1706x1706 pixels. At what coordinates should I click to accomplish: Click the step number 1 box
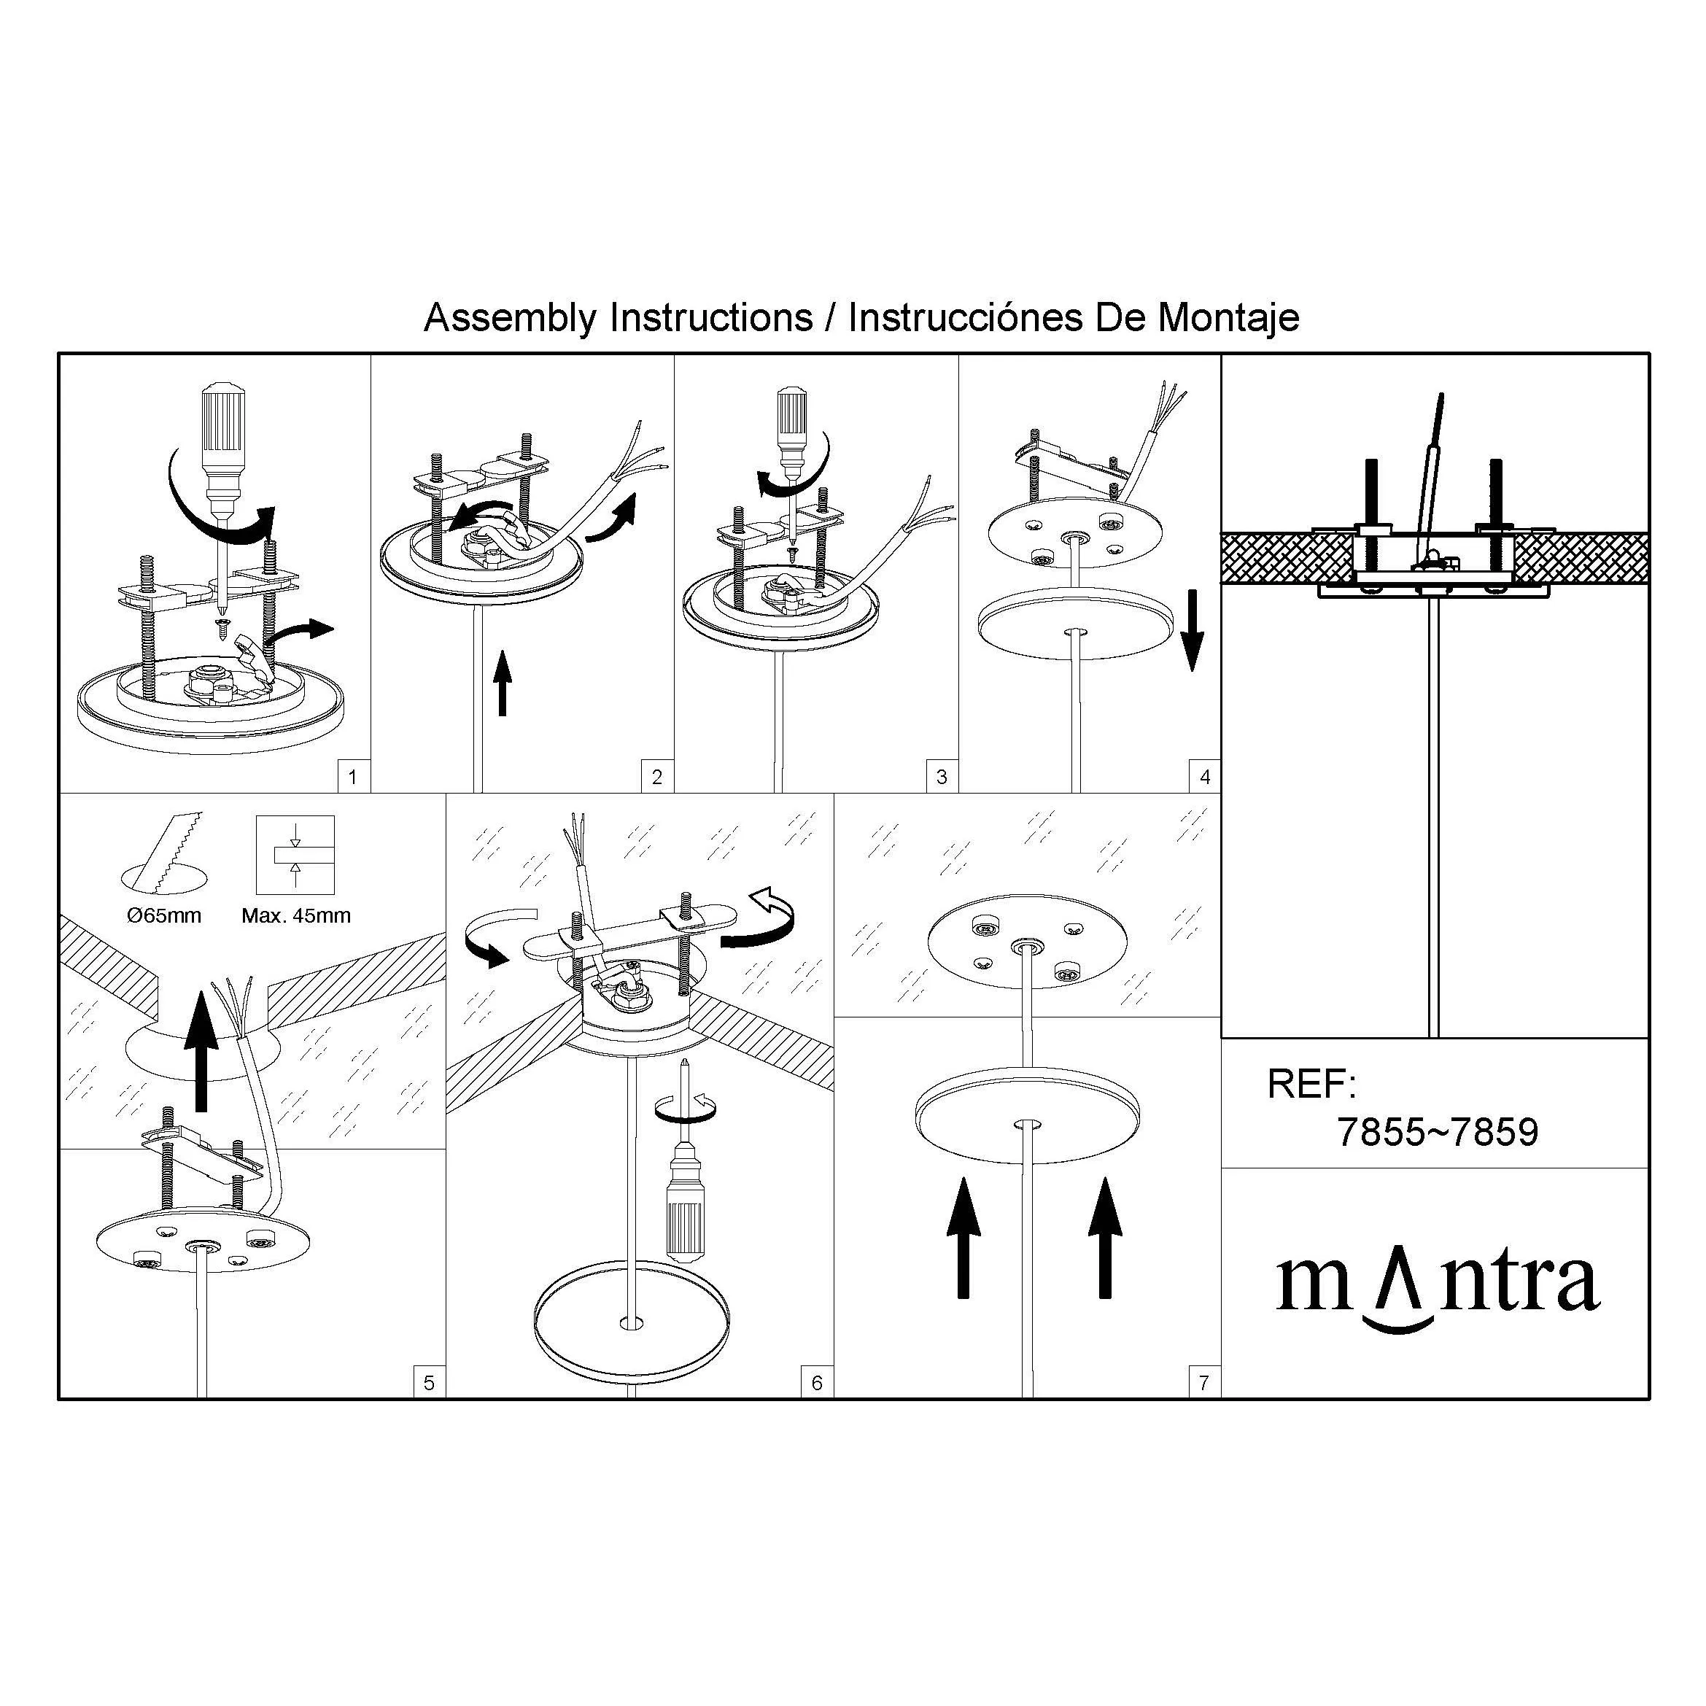point(353,777)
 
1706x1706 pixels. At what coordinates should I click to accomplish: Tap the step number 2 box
point(657,777)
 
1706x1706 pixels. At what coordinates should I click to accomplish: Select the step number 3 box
point(942,777)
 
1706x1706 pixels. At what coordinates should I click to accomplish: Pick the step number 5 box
point(429,1383)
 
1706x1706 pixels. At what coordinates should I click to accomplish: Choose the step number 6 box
point(817,1383)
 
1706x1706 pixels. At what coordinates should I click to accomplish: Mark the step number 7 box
point(1204,1383)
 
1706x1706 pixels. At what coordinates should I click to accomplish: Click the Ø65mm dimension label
point(163,915)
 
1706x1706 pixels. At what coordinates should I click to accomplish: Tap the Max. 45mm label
point(296,915)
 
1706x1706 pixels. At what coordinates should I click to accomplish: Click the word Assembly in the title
point(511,318)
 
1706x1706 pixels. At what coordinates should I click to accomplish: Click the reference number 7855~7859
point(1438,1132)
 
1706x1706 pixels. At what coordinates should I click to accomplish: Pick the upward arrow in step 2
point(503,683)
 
